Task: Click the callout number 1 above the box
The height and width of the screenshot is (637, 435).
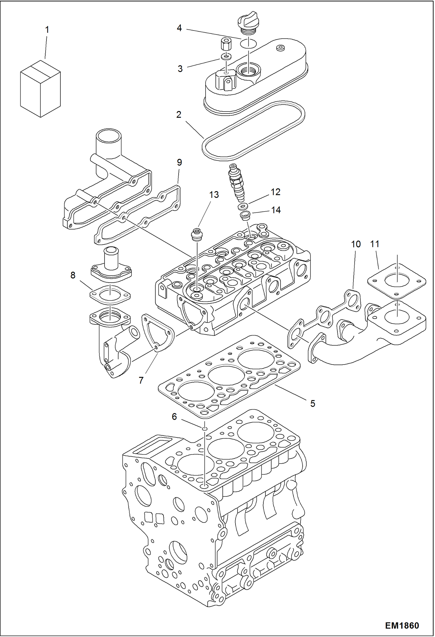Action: coord(47,30)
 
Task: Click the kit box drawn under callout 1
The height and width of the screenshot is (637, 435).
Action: coord(40,89)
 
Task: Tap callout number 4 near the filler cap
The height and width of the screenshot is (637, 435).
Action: coord(179,28)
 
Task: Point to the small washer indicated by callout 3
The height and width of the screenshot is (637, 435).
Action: coord(226,56)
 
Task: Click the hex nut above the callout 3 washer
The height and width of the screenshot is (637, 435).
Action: coord(226,45)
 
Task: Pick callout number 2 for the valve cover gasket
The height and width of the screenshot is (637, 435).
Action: coord(179,114)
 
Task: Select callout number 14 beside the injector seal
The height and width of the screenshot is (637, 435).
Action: coord(276,210)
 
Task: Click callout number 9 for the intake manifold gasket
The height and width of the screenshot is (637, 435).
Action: coord(179,162)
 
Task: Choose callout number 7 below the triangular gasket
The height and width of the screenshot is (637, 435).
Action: coord(141,380)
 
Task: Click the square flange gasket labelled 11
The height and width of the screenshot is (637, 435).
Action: coord(397,281)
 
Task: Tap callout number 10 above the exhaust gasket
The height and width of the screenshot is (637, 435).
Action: coord(356,244)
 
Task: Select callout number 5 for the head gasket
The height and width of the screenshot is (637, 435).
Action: coord(313,403)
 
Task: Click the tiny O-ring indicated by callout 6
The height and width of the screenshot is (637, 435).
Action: coord(205,429)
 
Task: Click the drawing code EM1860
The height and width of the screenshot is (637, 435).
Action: coord(402,626)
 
